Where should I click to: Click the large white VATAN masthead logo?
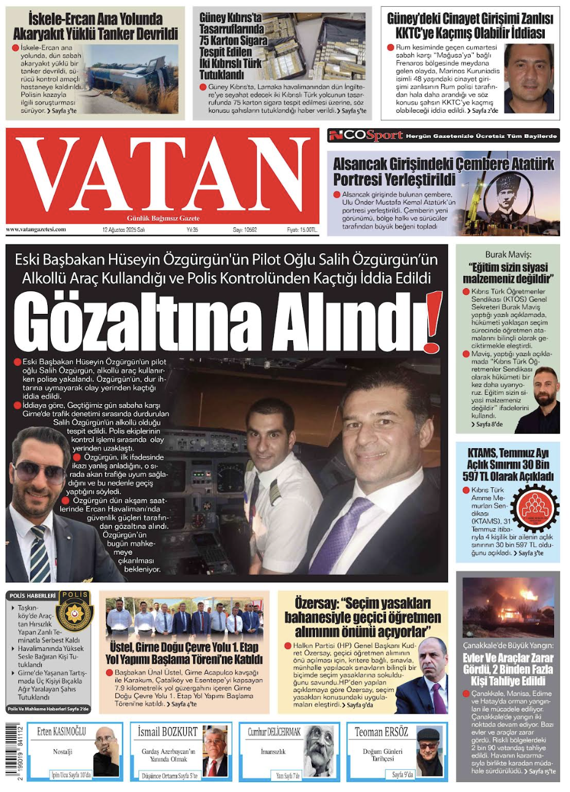pos(162,172)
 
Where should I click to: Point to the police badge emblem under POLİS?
pos(75,614)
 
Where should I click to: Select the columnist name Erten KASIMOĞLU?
pos(61,731)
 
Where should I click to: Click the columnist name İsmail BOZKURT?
pos(167,731)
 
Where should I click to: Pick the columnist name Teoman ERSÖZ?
pos(381,731)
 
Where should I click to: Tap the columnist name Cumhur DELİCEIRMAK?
pos(274,731)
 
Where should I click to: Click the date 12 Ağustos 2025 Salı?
pos(124,230)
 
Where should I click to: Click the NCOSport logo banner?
pos(366,135)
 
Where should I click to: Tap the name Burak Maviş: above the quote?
pos(507,254)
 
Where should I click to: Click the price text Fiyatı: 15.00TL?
pos(302,230)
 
